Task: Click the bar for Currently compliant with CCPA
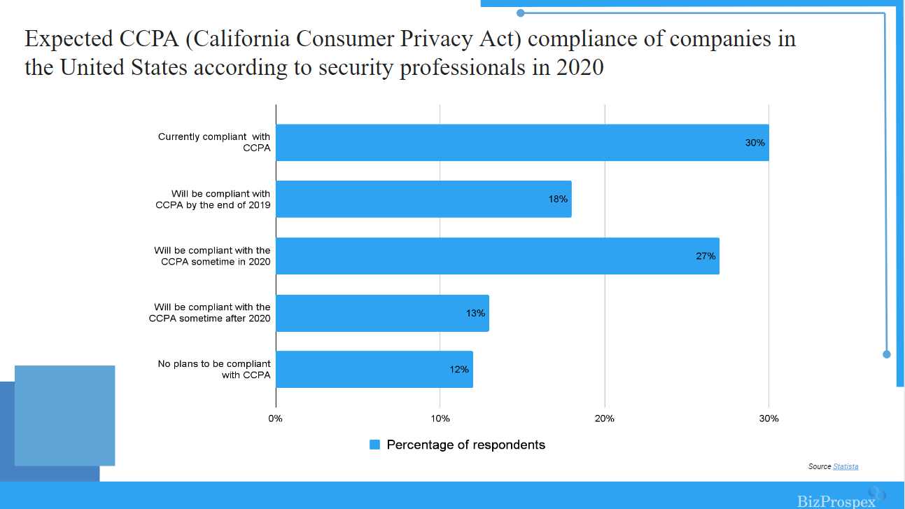(x=522, y=143)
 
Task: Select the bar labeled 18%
(x=423, y=200)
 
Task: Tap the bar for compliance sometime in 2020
(x=497, y=256)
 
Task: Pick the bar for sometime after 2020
(x=382, y=313)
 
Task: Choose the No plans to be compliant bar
(x=374, y=370)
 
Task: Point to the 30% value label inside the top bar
(x=755, y=143)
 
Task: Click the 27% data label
(x=706, y=256)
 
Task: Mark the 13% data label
(x=475, y=313)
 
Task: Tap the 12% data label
(x=459, y=370)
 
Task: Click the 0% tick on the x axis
(x=276, y=419)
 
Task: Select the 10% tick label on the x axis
(x=440, y=419)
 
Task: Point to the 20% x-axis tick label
(x=604, y=419)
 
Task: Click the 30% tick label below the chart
(x=769, y=419)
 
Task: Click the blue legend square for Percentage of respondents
(x=374, y=445)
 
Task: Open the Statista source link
(x=846, y=466)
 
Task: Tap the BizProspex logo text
(x=836, y=501)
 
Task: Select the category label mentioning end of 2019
(x=213, y=200)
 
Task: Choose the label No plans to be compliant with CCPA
(x=214, y=370)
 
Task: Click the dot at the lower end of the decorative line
(x=886, y=354)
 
